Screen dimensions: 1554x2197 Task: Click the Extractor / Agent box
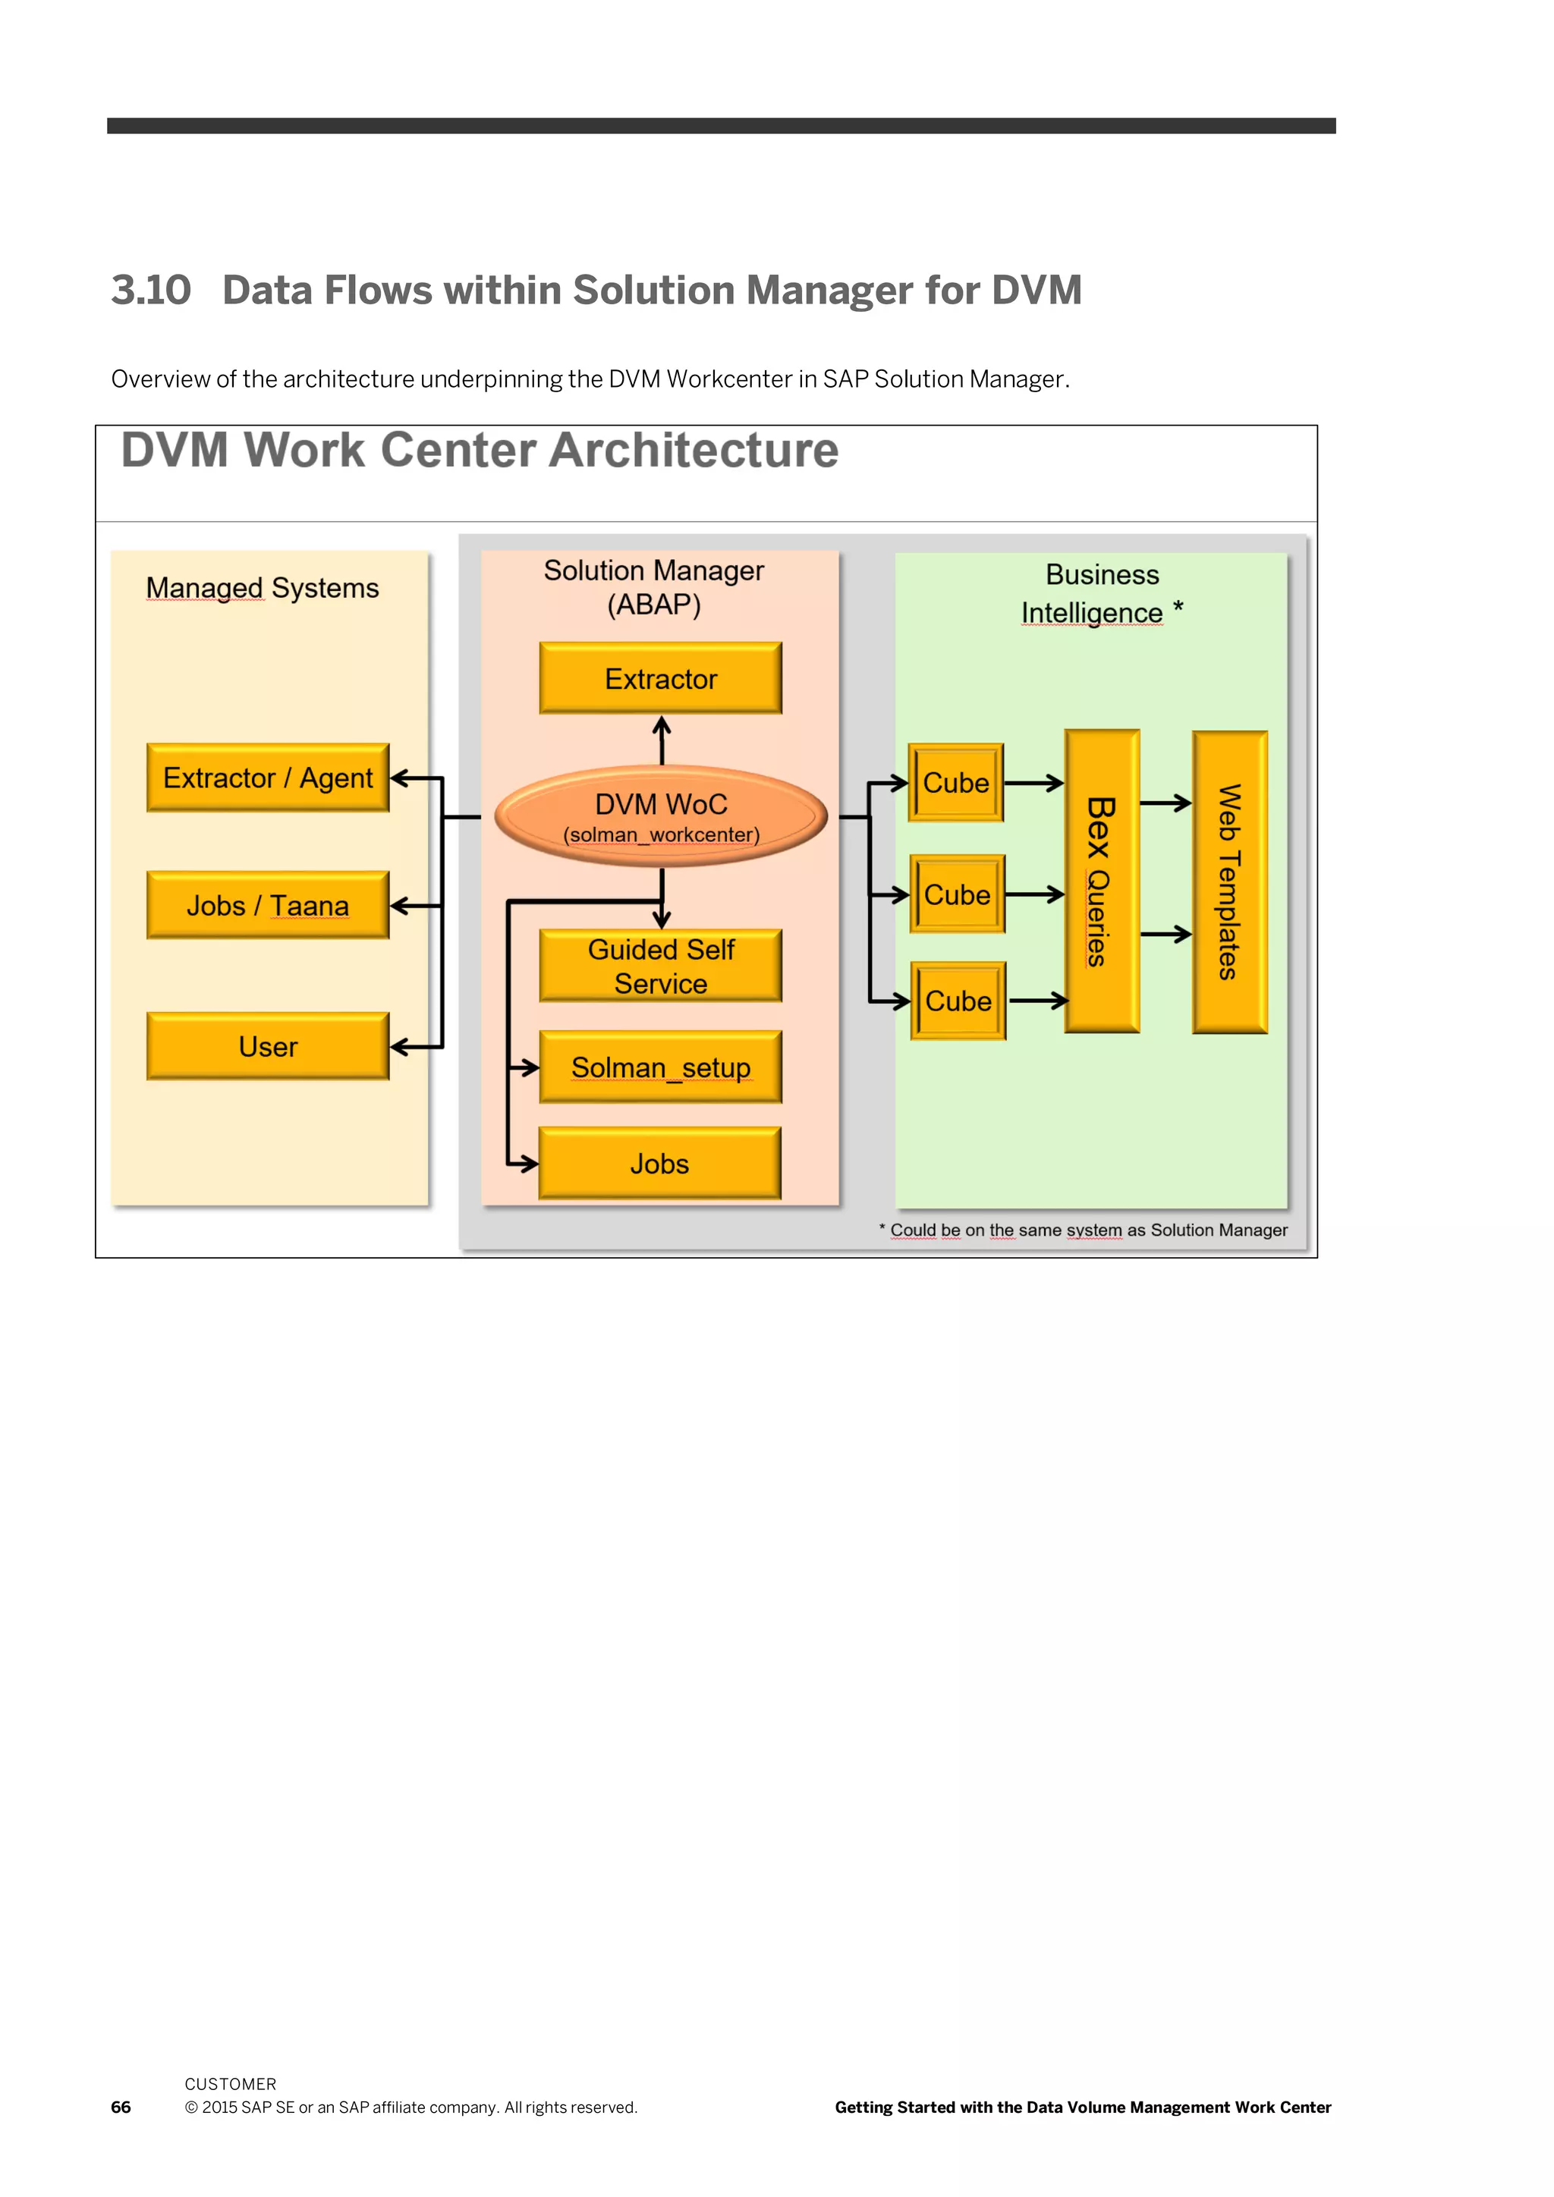coord(268,777)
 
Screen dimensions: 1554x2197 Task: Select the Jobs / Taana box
coord(268,904)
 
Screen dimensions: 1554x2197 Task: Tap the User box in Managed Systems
coord(268,1046)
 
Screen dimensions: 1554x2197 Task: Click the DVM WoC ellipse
coord(661,816)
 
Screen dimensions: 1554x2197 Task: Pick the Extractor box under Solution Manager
coord(660,677)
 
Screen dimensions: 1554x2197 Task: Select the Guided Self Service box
coord(660,966)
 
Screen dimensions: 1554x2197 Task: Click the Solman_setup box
coord(660,1066)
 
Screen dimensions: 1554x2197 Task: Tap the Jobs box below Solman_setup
coord(659,1163)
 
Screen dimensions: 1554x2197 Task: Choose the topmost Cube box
coord(956,782)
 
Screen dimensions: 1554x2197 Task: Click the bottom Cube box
coord(958,1001)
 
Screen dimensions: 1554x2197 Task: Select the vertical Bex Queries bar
coord(1103,882)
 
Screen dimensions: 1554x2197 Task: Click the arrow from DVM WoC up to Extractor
coord(661,740)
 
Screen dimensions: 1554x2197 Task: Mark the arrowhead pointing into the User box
coord(400,1047)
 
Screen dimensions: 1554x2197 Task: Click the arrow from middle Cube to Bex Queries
coord(1035,894)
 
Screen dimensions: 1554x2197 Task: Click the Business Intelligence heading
coord(1103,593)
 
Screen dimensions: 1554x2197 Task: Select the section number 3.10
coord(151,290)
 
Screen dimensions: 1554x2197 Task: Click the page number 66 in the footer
coord(121,2107)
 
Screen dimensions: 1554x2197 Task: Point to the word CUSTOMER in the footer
coord(231,2084)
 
